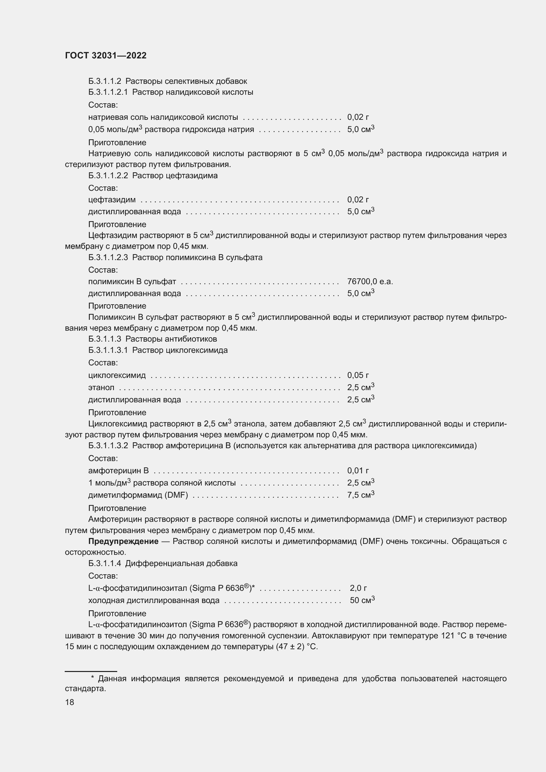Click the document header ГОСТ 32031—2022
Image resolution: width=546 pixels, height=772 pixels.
click(106, 56)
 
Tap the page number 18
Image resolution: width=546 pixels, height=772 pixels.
click(70, 702)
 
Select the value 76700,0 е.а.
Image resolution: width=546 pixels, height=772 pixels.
click(370, 282)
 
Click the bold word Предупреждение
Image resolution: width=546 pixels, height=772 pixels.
click(123, 541)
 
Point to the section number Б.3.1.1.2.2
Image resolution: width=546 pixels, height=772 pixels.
click(108, 176)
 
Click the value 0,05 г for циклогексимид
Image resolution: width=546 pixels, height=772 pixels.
click(358, 375)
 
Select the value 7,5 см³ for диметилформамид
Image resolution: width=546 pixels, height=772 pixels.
click(360, 495)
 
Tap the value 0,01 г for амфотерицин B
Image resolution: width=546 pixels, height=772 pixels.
click(358, 471)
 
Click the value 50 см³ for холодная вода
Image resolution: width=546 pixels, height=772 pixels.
click(362, 600)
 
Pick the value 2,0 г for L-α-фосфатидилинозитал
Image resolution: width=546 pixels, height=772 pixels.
click(358, 588)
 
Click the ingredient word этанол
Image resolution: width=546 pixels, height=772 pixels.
click(101, 388)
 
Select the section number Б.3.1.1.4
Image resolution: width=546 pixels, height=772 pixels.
click(105, 563)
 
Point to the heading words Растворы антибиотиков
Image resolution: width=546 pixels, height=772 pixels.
click(171, 339)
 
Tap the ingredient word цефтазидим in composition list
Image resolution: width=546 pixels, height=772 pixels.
click(112, 200)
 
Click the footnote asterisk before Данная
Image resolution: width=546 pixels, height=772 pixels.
click(92, 679)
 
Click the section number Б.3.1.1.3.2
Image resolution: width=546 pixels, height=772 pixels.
click(108, 446)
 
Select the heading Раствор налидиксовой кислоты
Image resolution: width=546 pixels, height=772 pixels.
click(193, 92)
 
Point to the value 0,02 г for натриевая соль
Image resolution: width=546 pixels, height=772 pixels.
click(358, 117)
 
